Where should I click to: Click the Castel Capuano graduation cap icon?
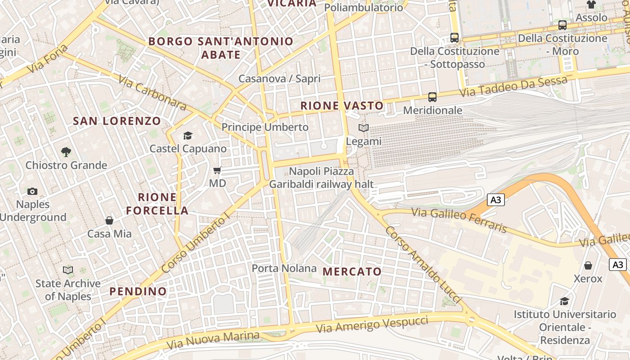pos(188,135)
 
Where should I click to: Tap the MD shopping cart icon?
pos(217,171)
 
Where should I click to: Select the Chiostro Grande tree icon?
pos(66,152)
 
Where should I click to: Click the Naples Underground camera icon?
pos(32,191)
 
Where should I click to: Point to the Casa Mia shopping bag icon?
pos(109,220)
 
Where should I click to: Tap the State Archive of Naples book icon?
pos(68,270)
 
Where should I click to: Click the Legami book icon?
pos(364,128)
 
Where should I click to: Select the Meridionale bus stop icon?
pos(432,97)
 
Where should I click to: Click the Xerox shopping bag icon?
pos(588,265)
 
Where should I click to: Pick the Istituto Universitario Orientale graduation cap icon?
pos(564,301)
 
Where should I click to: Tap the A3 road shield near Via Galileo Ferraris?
pos(495,199)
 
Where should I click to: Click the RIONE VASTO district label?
pos(342,106)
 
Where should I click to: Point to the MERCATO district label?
pos(352,271)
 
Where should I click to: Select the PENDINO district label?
pos(138,291)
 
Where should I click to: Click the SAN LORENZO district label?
pos(117,121)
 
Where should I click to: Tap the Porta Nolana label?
pos(284,269)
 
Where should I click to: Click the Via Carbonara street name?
pos(152,93)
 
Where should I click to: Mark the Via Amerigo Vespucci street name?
pos(372,324)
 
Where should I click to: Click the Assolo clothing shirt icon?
pos(591,4)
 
